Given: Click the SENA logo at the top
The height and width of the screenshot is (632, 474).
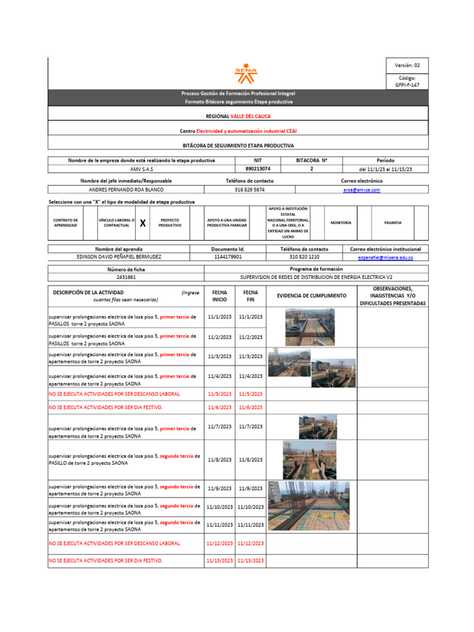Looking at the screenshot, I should [245, 74].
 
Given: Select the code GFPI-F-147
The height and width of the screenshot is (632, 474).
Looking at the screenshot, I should [407, 85].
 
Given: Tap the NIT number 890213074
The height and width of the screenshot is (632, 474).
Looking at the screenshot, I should [257, 168].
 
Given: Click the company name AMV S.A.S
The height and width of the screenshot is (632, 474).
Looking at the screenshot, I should [141, 169].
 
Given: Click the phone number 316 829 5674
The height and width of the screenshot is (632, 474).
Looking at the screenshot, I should [249, 190].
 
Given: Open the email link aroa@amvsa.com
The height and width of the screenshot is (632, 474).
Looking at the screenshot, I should [362, 190].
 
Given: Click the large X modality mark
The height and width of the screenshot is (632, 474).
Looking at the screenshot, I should [143, 223].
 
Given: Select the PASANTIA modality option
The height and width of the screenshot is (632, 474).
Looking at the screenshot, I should [393, 223].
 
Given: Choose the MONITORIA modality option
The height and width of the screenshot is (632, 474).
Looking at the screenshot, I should [341, 223].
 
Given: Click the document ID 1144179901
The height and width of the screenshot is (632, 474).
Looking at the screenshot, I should [228, 257].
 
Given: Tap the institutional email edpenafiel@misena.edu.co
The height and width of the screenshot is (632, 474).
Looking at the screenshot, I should [385, 257].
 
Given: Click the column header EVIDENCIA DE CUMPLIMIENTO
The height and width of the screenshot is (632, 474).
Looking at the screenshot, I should [312, 296].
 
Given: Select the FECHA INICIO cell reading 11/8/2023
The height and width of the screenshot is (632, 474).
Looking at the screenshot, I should [219, 460].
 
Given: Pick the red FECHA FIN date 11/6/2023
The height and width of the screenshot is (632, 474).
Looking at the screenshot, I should [250, 408].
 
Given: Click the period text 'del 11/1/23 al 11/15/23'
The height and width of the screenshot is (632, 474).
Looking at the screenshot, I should [385, 169].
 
